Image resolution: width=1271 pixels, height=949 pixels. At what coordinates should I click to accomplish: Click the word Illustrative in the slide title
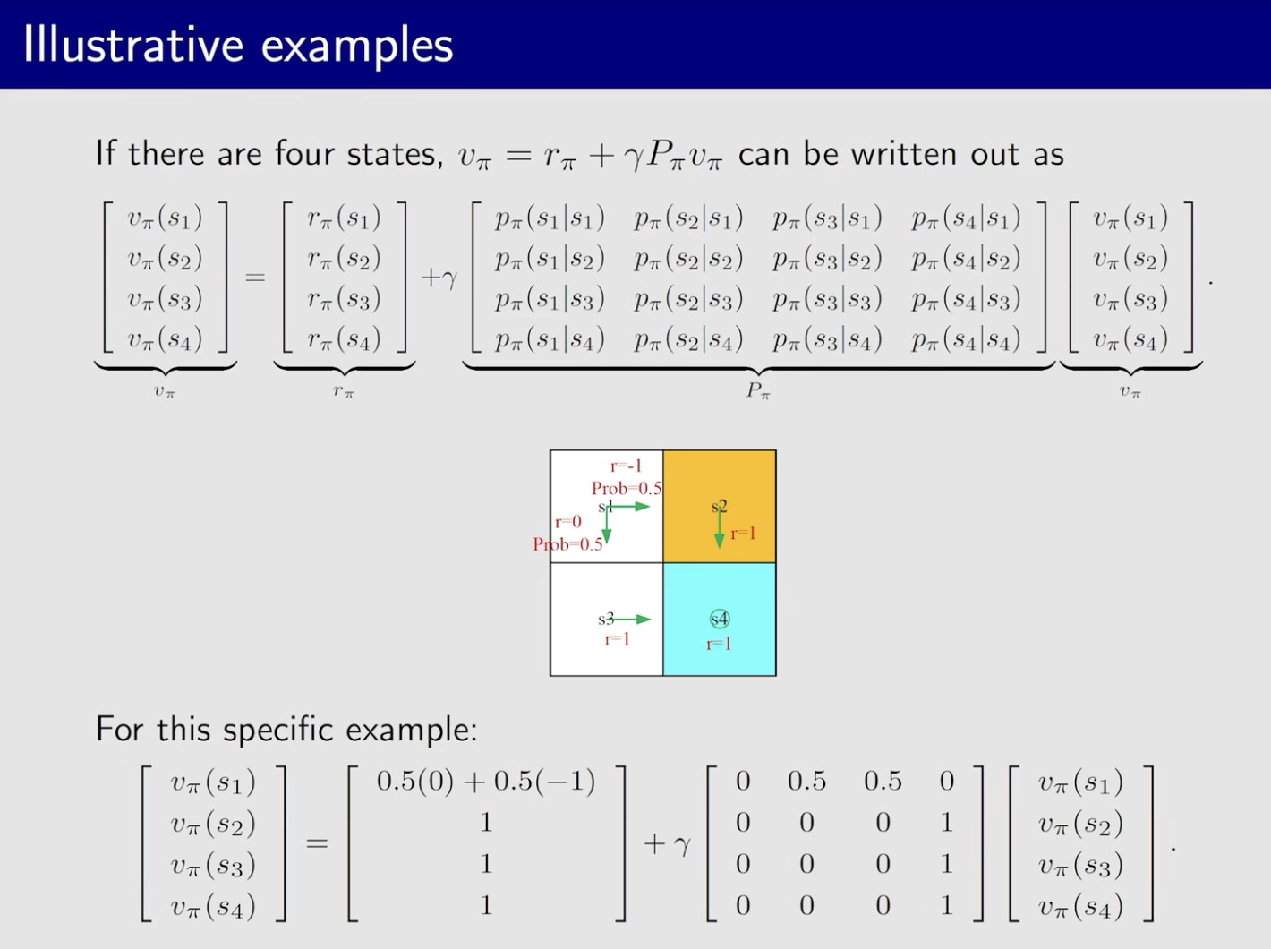click(133, 45)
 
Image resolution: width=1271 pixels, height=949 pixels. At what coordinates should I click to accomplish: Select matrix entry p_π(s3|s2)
click(827, 259)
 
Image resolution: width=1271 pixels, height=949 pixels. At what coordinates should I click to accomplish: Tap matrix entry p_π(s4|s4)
click(966, 340)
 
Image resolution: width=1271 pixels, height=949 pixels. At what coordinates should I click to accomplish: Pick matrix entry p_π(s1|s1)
click(550, 218)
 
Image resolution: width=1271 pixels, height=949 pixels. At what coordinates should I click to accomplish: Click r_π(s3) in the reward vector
click(344, 299)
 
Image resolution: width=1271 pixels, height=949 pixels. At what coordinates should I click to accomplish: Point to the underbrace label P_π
click(758, 391)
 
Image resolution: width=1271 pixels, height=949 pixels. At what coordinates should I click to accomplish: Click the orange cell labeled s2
click(719, 507)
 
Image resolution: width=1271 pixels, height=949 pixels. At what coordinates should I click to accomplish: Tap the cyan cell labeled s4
click(719, 620)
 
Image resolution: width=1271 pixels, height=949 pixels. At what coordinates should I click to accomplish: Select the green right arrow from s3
click(631, 620)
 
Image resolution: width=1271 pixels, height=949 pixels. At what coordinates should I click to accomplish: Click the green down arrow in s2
click(719, 527)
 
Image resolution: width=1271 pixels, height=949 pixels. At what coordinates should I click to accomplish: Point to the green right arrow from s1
click(629, 507)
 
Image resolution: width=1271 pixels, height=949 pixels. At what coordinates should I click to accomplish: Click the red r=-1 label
click(626, 466)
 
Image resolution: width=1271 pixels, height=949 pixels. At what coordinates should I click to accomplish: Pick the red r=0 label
click(568, 522)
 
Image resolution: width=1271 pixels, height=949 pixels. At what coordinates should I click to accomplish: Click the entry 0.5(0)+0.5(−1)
click(486, 781)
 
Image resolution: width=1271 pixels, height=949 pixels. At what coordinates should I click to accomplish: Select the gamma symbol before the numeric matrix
click(683, 845)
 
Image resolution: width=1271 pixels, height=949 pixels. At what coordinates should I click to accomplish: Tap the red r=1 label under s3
click(617, 639)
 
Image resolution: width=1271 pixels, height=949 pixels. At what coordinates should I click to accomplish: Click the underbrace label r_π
click(344, 391)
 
